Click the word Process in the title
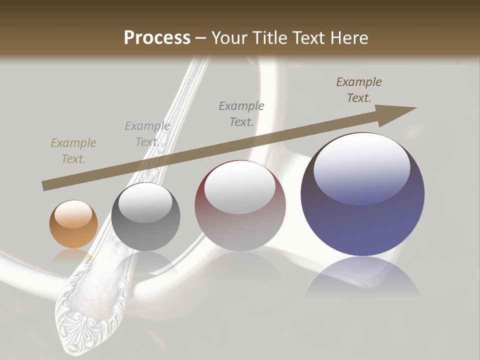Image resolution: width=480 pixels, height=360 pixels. click(x=157, y=37)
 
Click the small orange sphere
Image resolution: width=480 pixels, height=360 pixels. click(x=73, y=224)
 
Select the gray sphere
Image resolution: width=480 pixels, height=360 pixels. click(x=145, y=217)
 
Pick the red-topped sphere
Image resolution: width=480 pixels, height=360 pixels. click(x=240, y=205)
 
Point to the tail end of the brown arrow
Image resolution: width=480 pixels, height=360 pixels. click(x=44, y=186)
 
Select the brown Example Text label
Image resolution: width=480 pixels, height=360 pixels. click(x=359, y=90)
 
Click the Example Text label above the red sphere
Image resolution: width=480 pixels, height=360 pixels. click(x=241, y=114)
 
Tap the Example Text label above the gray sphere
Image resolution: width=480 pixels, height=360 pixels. click(x=147, y=134)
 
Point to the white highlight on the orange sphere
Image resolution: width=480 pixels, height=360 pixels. click(x=73, y=213)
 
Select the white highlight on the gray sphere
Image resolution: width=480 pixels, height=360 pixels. click(x=145, y=201)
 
